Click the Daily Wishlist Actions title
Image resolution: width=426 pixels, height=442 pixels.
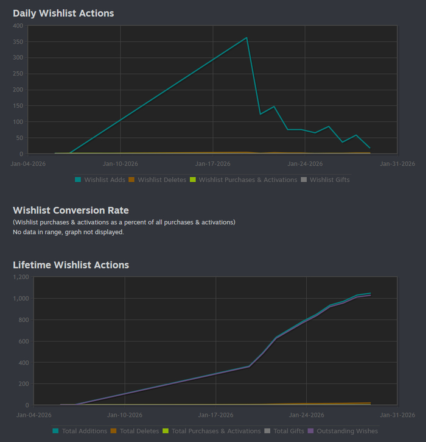pos(63,13)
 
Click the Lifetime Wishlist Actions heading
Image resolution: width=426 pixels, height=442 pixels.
pos(71,265)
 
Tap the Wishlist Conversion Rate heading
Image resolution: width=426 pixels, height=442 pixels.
pos(71,210)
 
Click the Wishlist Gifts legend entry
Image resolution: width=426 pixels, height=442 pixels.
pos(329,180)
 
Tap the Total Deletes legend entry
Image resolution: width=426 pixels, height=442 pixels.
pos(137,431)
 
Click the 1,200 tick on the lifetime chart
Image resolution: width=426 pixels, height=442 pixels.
pos(21,277)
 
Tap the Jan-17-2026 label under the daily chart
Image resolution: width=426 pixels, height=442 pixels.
pos(212,163)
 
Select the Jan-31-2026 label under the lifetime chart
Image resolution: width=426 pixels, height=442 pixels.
pos(397,415)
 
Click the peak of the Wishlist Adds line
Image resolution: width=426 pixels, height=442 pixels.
pos(246,38)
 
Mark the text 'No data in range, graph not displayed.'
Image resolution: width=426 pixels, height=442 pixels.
pos(68,232)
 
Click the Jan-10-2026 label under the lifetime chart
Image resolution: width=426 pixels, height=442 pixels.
pos(124,415)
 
